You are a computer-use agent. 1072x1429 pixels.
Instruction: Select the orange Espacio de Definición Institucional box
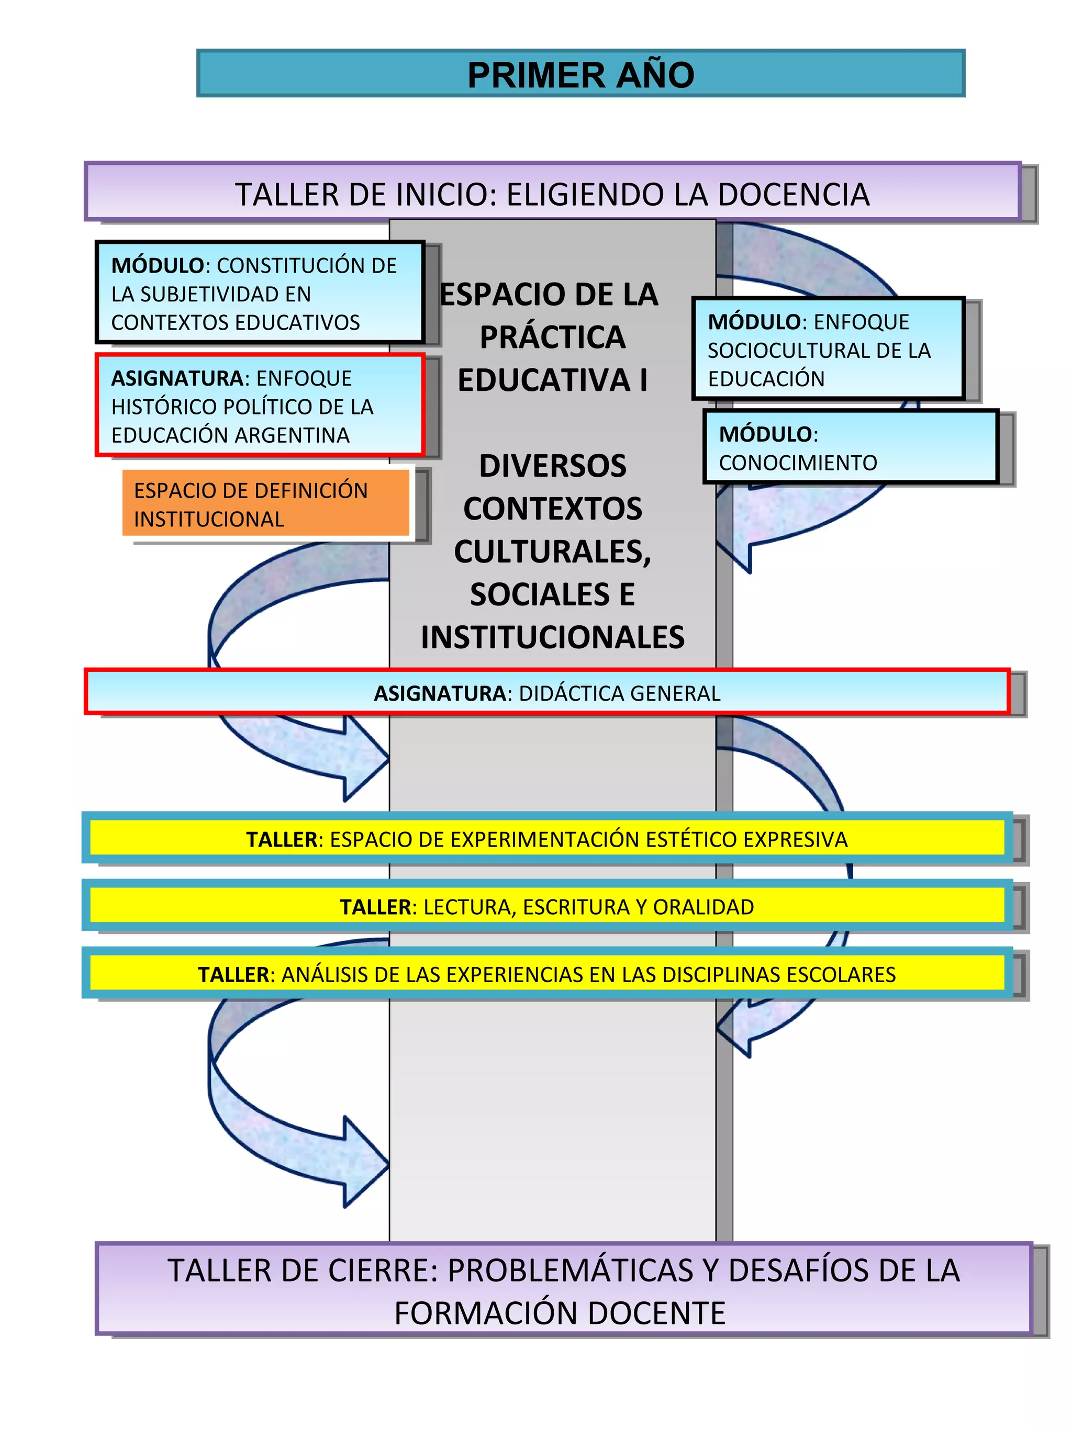(265, 504)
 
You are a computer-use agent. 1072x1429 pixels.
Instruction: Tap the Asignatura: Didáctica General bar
(546, 693)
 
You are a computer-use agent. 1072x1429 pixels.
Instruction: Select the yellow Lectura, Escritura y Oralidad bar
(546, 906)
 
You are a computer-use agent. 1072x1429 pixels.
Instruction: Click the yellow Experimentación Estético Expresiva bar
(546, 839)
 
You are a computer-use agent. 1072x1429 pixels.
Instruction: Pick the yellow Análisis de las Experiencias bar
(546, 974)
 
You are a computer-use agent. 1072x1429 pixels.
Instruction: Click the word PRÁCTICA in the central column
(552, 337)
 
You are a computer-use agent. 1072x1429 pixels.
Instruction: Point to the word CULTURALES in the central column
(552, 552)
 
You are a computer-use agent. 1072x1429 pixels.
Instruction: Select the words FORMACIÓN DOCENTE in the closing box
(560, 1313)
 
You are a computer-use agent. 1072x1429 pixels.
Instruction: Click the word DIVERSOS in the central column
(552, 466)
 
